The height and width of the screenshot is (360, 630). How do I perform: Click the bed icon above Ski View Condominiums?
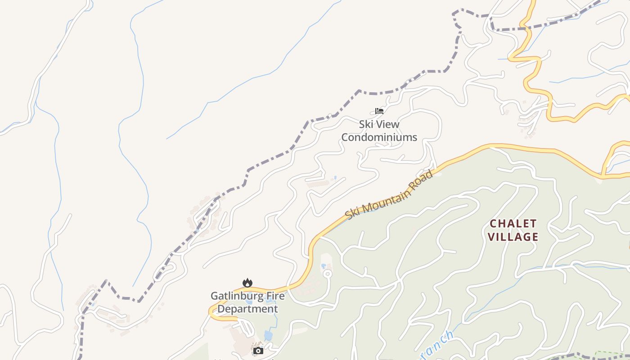(379, 111)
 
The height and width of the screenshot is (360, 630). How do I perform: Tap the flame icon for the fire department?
(247, 283)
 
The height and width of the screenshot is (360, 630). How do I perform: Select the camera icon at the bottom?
(258, 351)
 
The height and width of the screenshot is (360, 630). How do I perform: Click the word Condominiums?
(379, 137)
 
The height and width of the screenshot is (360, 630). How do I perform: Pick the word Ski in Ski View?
(366, 124)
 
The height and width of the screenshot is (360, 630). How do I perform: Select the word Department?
(247, 309)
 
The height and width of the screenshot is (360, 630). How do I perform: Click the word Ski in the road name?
(352, 213)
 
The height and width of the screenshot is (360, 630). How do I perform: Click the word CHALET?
(513, 224)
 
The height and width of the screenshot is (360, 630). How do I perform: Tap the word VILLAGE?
(513, 237)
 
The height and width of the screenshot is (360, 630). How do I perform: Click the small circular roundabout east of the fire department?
(328, 274)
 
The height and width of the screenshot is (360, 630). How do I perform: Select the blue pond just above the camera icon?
(269, 335)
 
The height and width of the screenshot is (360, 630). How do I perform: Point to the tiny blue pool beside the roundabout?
(324, 266)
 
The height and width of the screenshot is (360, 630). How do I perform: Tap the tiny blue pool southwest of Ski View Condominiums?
(334, 178)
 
